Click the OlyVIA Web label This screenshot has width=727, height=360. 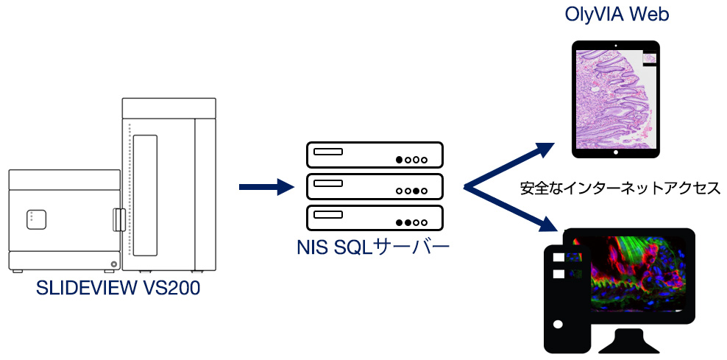pyautogui.click(x=616, y=14)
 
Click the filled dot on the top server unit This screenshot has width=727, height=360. pyautogui.click(x=400, y=159)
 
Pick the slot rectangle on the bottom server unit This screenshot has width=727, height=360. pyautogui.click(x=328, y=215)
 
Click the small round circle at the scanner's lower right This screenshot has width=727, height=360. pyautogui.click(x=113, y=264)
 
